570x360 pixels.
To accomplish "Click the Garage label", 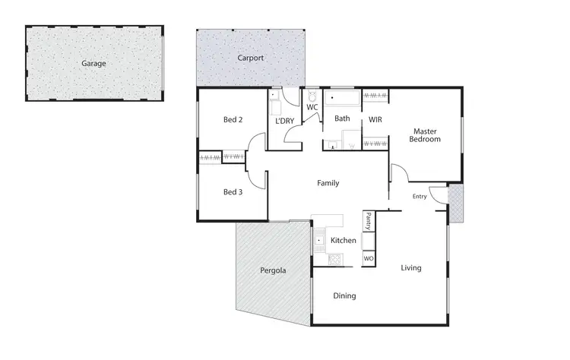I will tap(93, 64).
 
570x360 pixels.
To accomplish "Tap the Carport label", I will tap(250, 58).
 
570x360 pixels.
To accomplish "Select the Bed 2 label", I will tap(233, 120).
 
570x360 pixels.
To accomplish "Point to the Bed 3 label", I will tap(233, 192).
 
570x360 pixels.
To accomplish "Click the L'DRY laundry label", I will tap(285, 121).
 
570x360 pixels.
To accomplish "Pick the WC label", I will tap(312, 107).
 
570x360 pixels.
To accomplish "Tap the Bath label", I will tap(342, 118).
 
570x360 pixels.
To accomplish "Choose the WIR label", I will tap(375, 120).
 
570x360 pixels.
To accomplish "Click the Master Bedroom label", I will tap(425, 134).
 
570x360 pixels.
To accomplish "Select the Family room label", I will tap(328, 183).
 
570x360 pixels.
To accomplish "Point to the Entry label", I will tap(420, 197).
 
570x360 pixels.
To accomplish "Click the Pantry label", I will tap(368, 220).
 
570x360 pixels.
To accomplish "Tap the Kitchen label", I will tap(344, 241).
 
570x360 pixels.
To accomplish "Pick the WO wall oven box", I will tap(369, 259).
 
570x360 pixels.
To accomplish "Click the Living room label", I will tap(411, 268).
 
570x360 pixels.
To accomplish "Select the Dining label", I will tap(344, 296).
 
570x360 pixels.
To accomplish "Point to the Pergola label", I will tap(273, 270).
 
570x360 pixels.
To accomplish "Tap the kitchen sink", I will tap(320, 239).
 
